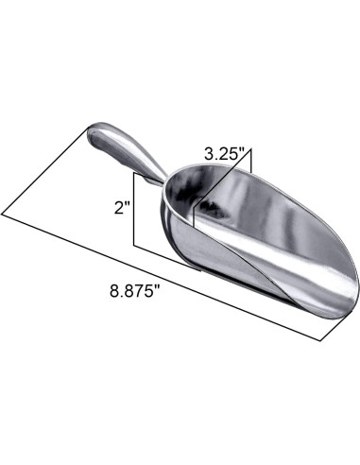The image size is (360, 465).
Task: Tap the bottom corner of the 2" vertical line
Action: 135,248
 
